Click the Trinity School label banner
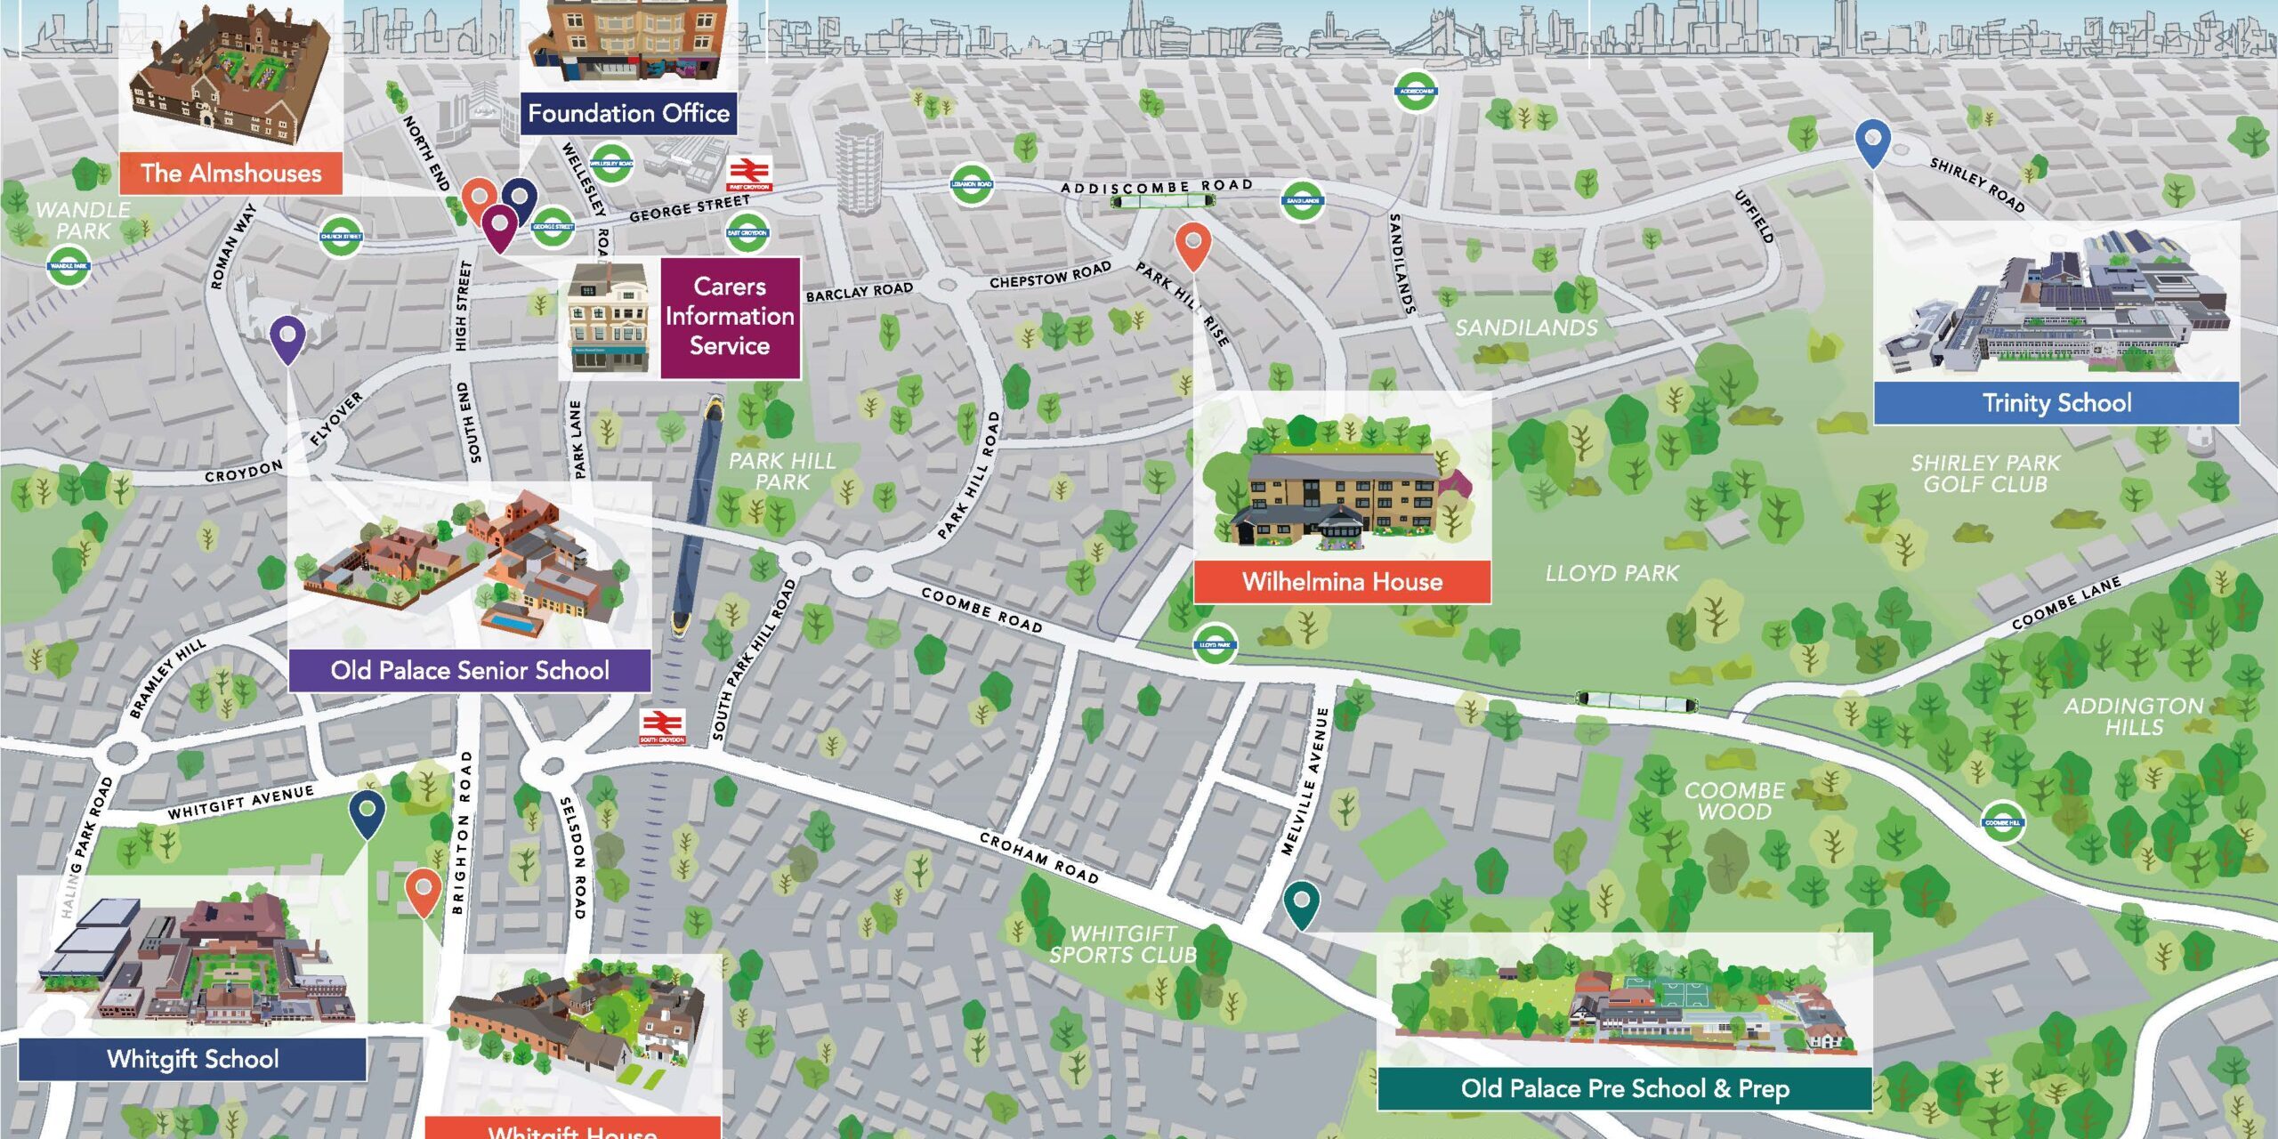pyautogui.click(x=2056, y=403)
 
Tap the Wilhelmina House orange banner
pyautogui.click(x=1342, y=582)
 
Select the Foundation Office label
pyautogui.click(x=628, y=114)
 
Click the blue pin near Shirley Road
pyautogui.click(x=1872, y=142)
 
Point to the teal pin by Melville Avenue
pyautogui.click(x=1301, y=903)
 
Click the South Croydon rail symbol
pyautogui.click(x=662, y=725)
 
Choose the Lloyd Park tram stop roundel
pyautogui.click(x=1215, y=644)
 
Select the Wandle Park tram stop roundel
pyautogui.click(x=69, y=265)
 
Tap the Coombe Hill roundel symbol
pyautogui.click(x=2002, y=822)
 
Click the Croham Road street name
pyautogui.click(x=1038, y=858)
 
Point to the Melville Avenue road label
pyautogui.click(x=1305, y=781)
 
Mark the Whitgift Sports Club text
pyautogui.click(x=1123, y=944)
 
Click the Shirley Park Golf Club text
pyautogui.click(x=1984, y=473)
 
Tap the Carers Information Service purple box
pyautogui.click(x=730, y=317)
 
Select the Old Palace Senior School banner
pyautogui.click(x=469, y=670)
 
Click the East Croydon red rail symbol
pyautogui.click(x=749, y=173)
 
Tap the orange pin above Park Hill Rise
pyautogui.click(x=1192, y=244)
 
